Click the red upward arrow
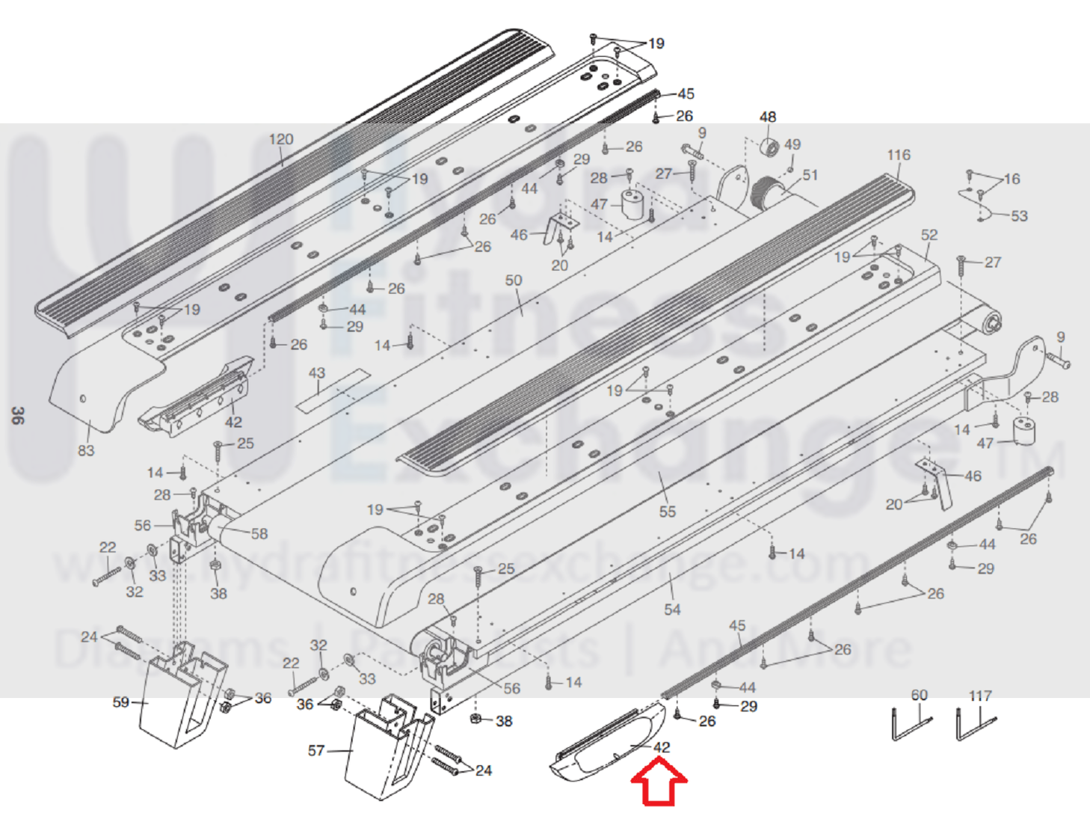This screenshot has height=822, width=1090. coord(659,782)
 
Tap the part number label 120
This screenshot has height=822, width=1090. coord(281,140)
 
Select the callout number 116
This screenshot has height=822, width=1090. coord(899,156)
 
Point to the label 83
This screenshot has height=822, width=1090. coord(86,450)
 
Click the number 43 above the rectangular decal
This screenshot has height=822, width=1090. coord(317,372)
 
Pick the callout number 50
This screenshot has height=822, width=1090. coord(514,280)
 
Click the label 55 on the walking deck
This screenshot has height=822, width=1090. coord(668,512)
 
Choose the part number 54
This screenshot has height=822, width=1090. coord(672,610)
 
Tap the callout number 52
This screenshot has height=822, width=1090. coord(929,235)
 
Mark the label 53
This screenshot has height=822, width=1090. coord(1019,216)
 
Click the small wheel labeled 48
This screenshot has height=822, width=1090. coord(769,146)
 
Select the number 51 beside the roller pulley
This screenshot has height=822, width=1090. coord(810,175)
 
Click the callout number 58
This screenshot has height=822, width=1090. coord(259,534)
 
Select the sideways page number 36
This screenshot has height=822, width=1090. coord(17,416)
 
